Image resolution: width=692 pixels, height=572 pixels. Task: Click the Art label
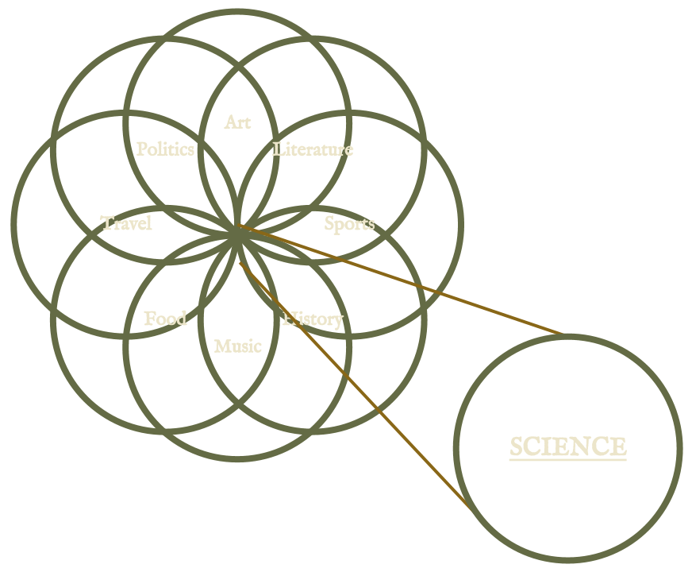237,122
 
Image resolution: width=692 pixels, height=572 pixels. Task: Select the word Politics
165,149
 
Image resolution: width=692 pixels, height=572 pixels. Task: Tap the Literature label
313,149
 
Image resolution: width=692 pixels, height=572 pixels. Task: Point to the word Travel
126,223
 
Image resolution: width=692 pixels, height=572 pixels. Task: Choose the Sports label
349,224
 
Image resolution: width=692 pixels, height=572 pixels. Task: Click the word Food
165,319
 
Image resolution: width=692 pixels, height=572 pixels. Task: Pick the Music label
237,346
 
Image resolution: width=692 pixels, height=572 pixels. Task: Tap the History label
313,319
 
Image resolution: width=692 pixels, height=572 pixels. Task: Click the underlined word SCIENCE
567,446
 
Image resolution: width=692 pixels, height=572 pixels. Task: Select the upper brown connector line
397,279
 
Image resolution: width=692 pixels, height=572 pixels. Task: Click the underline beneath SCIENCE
567,459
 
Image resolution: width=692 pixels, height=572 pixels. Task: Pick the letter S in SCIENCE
517,446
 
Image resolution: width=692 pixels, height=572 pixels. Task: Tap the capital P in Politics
141,149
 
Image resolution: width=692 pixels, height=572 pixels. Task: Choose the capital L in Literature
278,149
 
